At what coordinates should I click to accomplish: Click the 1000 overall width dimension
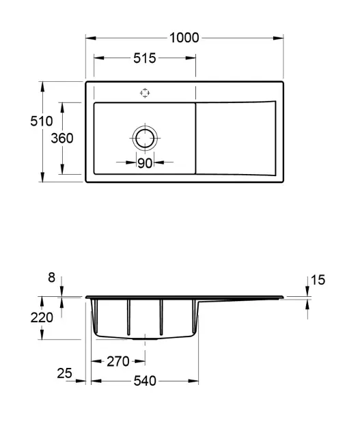pyautogui.click(x=184, y=38)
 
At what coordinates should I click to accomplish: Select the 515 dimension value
pyautogui.click(x=145, y=58)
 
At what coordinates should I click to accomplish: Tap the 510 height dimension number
pyautogui.click(x=42, y=121)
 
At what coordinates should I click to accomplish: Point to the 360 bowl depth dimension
pyautogui.click(x=62, y=138)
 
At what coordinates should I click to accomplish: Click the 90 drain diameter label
pyautogui.click(x=145, y=163)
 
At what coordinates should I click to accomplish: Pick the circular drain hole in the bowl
pyautogui.click(x=145, y=138)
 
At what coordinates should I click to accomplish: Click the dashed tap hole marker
pyautogui.click(x=145, y=93)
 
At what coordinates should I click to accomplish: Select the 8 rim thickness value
pyautogui.click(x=52, y=278)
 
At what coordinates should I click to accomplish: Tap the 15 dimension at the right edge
pyautogui.click(x=318, y=280)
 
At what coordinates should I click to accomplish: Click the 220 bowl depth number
pyautogui.click(x=42, y=317)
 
